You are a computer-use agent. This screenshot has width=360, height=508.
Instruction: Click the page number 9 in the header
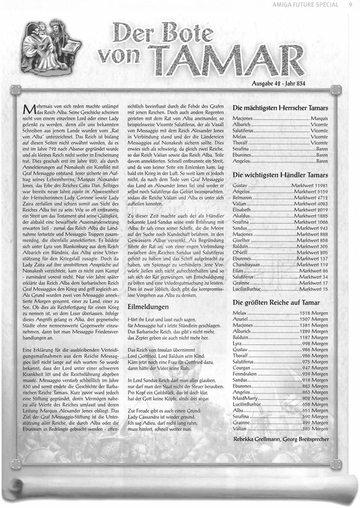(350, 5)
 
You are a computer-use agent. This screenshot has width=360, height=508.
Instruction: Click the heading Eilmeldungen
(148, 306)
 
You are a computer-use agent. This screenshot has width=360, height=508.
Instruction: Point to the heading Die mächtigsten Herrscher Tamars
(280, 108)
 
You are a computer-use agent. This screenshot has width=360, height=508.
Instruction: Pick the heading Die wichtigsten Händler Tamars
(280, 175)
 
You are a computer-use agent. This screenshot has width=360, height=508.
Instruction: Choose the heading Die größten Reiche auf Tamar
(276, 302)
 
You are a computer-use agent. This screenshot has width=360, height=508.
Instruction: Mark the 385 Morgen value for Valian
(314, 429)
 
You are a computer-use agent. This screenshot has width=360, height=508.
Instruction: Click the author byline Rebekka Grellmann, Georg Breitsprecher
(281, 439)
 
